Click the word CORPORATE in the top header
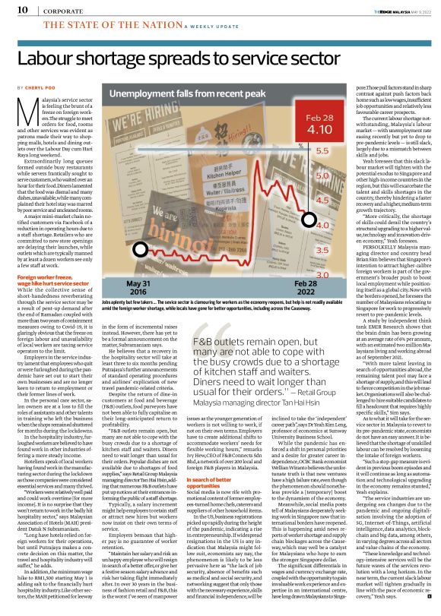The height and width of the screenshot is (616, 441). point(57,10)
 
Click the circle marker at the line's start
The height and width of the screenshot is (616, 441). point(138,227)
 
